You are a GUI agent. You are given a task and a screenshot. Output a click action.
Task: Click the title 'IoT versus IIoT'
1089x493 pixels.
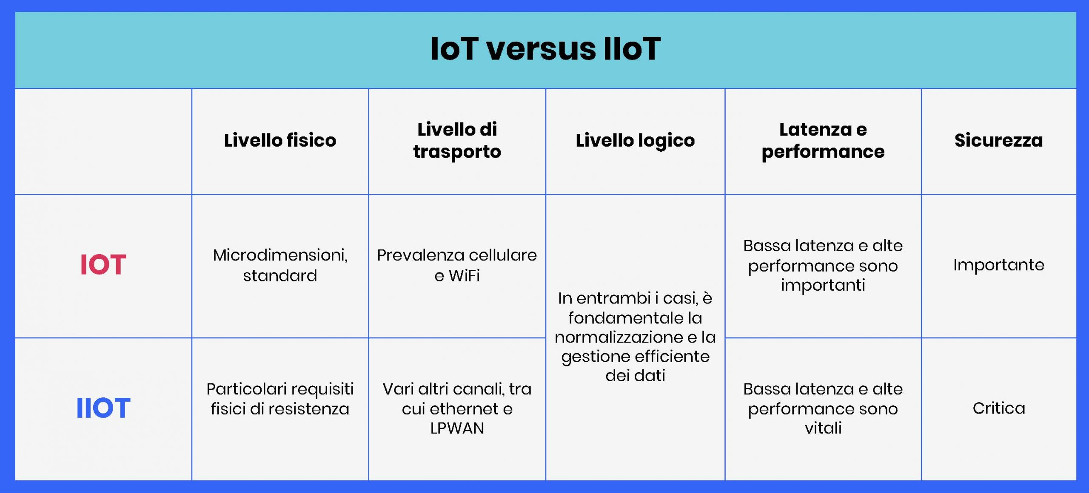click(545, 49)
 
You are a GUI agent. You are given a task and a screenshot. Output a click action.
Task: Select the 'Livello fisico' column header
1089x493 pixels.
click(280, 140)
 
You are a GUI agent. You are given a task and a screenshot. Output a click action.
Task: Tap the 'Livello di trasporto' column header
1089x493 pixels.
click(457, 141)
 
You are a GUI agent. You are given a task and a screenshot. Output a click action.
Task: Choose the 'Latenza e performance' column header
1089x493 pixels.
click(823, 141)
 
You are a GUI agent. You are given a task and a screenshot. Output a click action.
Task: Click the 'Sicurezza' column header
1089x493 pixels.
click(998, 140)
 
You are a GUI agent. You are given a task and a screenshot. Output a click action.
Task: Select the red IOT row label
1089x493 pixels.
click(103, 264)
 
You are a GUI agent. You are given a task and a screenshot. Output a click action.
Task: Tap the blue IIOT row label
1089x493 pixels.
click(103, 408)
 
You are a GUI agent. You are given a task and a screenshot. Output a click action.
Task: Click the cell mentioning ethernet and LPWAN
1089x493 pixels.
click(457, 408)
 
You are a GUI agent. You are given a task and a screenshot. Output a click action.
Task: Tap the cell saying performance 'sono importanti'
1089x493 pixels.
click(823, 266)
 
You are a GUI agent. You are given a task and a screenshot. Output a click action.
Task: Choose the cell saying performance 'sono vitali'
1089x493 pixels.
click(823, 408)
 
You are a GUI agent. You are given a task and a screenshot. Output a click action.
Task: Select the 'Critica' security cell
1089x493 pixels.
click(998, 408)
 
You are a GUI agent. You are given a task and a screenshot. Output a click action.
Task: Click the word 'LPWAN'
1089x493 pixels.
click(457, 428)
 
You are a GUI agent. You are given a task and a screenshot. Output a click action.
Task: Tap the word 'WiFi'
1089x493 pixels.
click(464, 276)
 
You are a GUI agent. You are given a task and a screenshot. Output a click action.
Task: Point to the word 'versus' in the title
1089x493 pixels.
click(541, 49)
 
